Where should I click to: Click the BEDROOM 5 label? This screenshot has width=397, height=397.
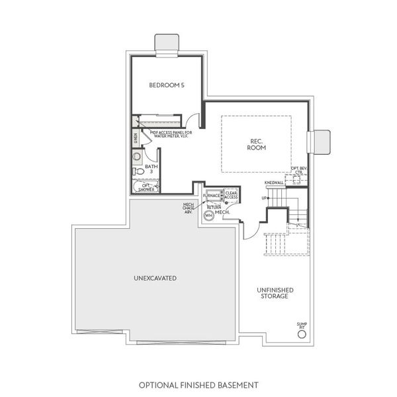(x=166, y=85)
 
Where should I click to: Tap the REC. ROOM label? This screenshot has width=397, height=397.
(x=256, y=144)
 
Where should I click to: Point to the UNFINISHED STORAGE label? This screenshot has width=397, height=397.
(x=273, y=292)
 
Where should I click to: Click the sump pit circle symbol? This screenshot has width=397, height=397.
(x=302, y=334)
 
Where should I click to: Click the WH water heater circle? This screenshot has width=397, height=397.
(x=208, y=216)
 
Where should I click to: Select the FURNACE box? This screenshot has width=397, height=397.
(x=212, y=197)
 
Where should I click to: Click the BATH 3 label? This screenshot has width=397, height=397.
(x=152, y=169)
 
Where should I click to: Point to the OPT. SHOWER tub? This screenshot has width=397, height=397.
(x=146, y=187)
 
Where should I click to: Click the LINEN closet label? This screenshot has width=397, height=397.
(x=136, y=138)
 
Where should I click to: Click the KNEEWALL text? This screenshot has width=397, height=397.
(x=273, y=182)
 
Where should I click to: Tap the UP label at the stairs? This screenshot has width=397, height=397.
(x=265, y=198)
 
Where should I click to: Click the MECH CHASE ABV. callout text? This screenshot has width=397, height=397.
(x=189, y=208)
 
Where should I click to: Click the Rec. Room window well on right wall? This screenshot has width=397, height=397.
(x=320, y=141)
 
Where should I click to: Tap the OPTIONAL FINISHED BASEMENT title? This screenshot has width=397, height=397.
(x=198, y=384)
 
